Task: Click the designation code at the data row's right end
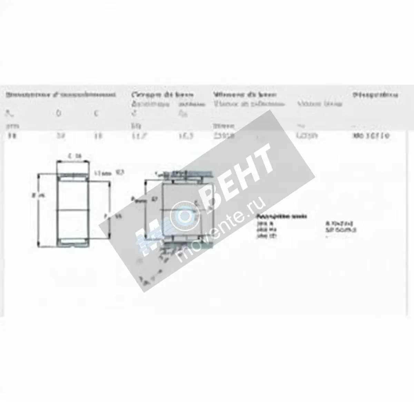[371, 136]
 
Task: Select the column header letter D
[58, 113]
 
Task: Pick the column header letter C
[97, 113]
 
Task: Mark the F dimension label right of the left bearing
[114, 216]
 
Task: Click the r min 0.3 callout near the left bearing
[109, 172]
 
